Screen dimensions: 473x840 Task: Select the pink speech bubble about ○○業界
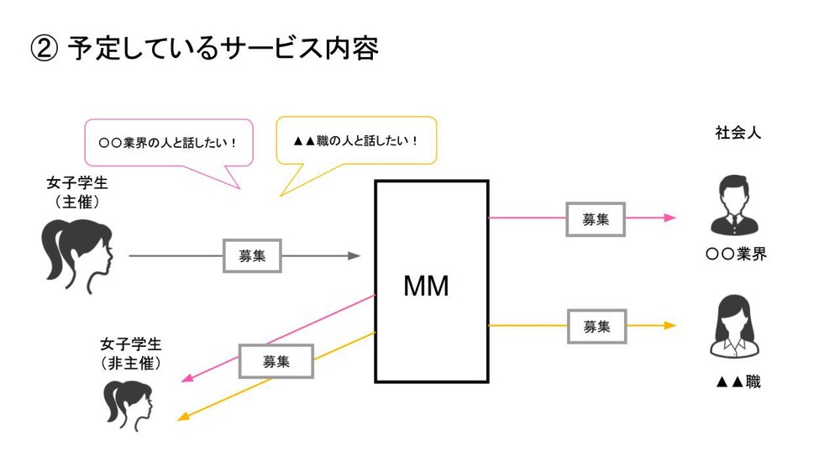168,143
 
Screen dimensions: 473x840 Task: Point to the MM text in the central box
426,286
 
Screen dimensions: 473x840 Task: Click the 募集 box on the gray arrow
252,256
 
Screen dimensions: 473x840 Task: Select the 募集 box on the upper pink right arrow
595,218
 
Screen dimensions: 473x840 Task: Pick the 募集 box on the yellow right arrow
596,326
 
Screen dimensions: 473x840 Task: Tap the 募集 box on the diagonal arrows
276,361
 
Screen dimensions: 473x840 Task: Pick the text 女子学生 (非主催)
130,354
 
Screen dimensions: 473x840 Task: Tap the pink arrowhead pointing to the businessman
669,218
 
